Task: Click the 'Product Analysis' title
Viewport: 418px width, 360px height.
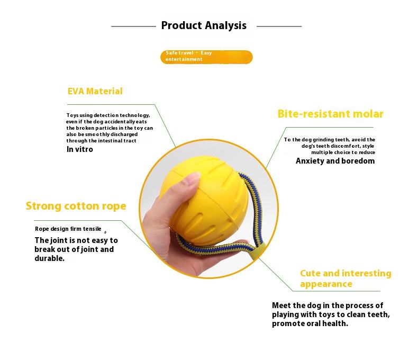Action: (204, 25)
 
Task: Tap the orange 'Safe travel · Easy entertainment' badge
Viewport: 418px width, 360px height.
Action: (206, 57)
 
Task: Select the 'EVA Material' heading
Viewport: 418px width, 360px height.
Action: (95, 91)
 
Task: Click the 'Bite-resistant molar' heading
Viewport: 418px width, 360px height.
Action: (330, 114)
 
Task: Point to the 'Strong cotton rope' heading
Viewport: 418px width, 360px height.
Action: (76, 206)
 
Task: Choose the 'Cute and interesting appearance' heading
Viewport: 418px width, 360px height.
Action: (346, 278)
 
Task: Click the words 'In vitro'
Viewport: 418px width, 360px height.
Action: (80, 149)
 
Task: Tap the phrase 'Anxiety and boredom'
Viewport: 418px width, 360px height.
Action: (335, 161)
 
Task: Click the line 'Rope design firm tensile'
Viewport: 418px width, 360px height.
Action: (68, 229)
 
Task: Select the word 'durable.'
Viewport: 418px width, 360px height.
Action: (50, 258)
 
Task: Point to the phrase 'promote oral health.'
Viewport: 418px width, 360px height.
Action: (310, 323)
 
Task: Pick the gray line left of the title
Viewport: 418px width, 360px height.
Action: (133, 26)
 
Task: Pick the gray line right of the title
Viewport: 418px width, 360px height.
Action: (279, 26)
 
